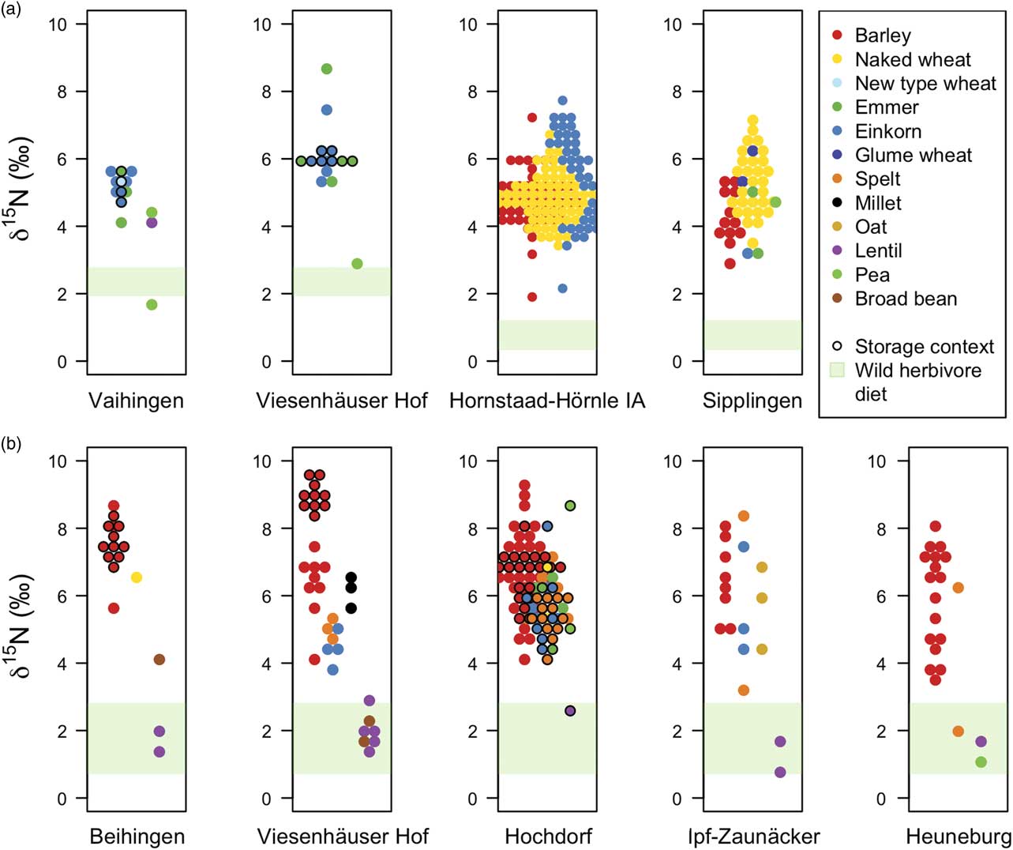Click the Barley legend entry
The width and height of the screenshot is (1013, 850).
pyautogui.click(x=882, y=36)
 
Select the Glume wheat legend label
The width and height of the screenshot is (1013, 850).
pyautogui.click(x=914, y=156)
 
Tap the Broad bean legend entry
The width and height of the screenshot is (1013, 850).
pyautogui.click(x=906, y=299)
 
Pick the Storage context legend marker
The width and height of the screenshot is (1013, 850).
pyautogui.click(x=838, y=347)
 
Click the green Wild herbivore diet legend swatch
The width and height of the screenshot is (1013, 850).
pyautogui.click(x=838, y=370)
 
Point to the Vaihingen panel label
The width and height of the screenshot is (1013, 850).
pyautogui.click(x=136, y=401)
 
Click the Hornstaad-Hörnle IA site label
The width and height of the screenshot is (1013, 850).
pyautogui.click(x=547, y=401)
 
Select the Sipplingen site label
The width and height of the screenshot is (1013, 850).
pyautogui.click(x=752, y=401)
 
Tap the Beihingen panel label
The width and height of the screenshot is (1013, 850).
pyautogui.click(x=137, y=837)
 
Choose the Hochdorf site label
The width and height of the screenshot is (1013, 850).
pyautogui.click(x=548, y=837)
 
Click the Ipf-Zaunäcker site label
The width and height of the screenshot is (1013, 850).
pyautogui.click(x=752, y=837)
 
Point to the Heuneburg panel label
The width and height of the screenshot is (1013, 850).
pyautogui.click(x=959, y=837)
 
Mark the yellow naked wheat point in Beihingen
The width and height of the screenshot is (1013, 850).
pyautogui.click(x=137, y=577)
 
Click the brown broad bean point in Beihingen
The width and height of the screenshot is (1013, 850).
pyautogui.click(x=159, y=660)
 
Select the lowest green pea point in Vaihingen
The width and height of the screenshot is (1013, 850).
pyautogui.click(x=152, y=305)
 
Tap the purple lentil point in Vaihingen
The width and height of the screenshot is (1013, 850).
pyautogui.click(x=152, y=223)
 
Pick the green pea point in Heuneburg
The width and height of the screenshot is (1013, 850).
pyautogui.click(x=981, y=762)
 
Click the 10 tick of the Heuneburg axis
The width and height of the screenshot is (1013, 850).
pyautogui.click(x=876, y=461)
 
